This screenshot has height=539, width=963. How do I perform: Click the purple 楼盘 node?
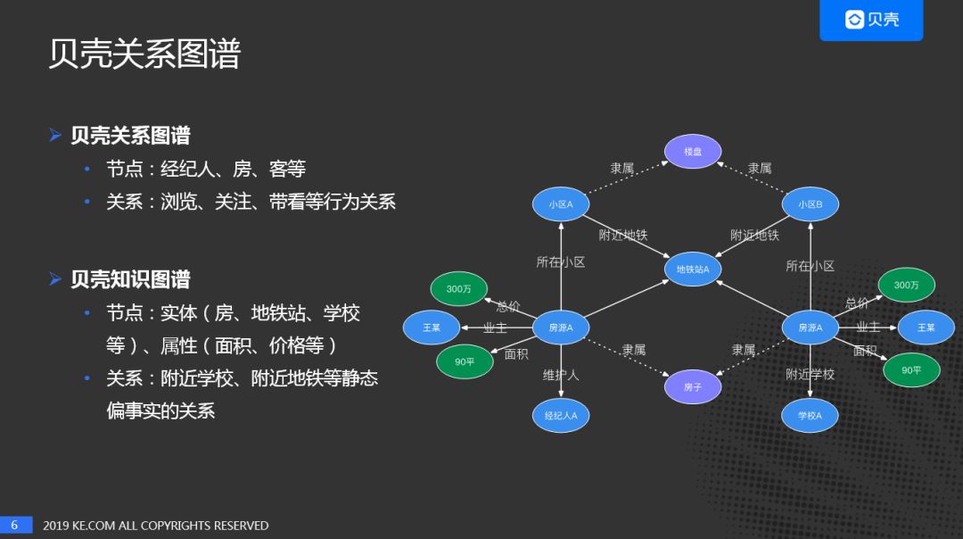click(x=693, y=152)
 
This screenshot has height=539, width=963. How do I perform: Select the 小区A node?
click(x=561, y=204)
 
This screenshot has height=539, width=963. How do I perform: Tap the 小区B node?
click(x=811, y=204)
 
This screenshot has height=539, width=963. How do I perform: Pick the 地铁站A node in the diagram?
click(x=693, y=269)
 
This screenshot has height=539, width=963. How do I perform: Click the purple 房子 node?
click(x=693, y=386)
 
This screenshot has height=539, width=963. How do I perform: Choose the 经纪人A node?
click(x=561, y=415)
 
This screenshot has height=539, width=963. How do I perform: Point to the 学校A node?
click(x=811, y=415)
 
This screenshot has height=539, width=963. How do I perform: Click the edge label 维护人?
click(x=561, y=375)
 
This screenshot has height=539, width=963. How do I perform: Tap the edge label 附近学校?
click(x=810, y=374)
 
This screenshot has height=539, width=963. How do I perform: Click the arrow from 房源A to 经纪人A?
click(x=561, y=370)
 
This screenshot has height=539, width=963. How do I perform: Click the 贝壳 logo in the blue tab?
click(x=871, y=20)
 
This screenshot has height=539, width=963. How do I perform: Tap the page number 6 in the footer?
click(x=15, y=526)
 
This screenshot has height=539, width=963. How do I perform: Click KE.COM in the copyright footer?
click(x=93, y=526)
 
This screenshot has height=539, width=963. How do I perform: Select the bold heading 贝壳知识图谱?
click(x=131, y=279)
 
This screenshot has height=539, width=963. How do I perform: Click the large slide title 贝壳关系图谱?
click(x=144, y=54)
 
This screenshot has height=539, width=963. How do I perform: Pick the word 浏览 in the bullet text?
click(x=179, y=202)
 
